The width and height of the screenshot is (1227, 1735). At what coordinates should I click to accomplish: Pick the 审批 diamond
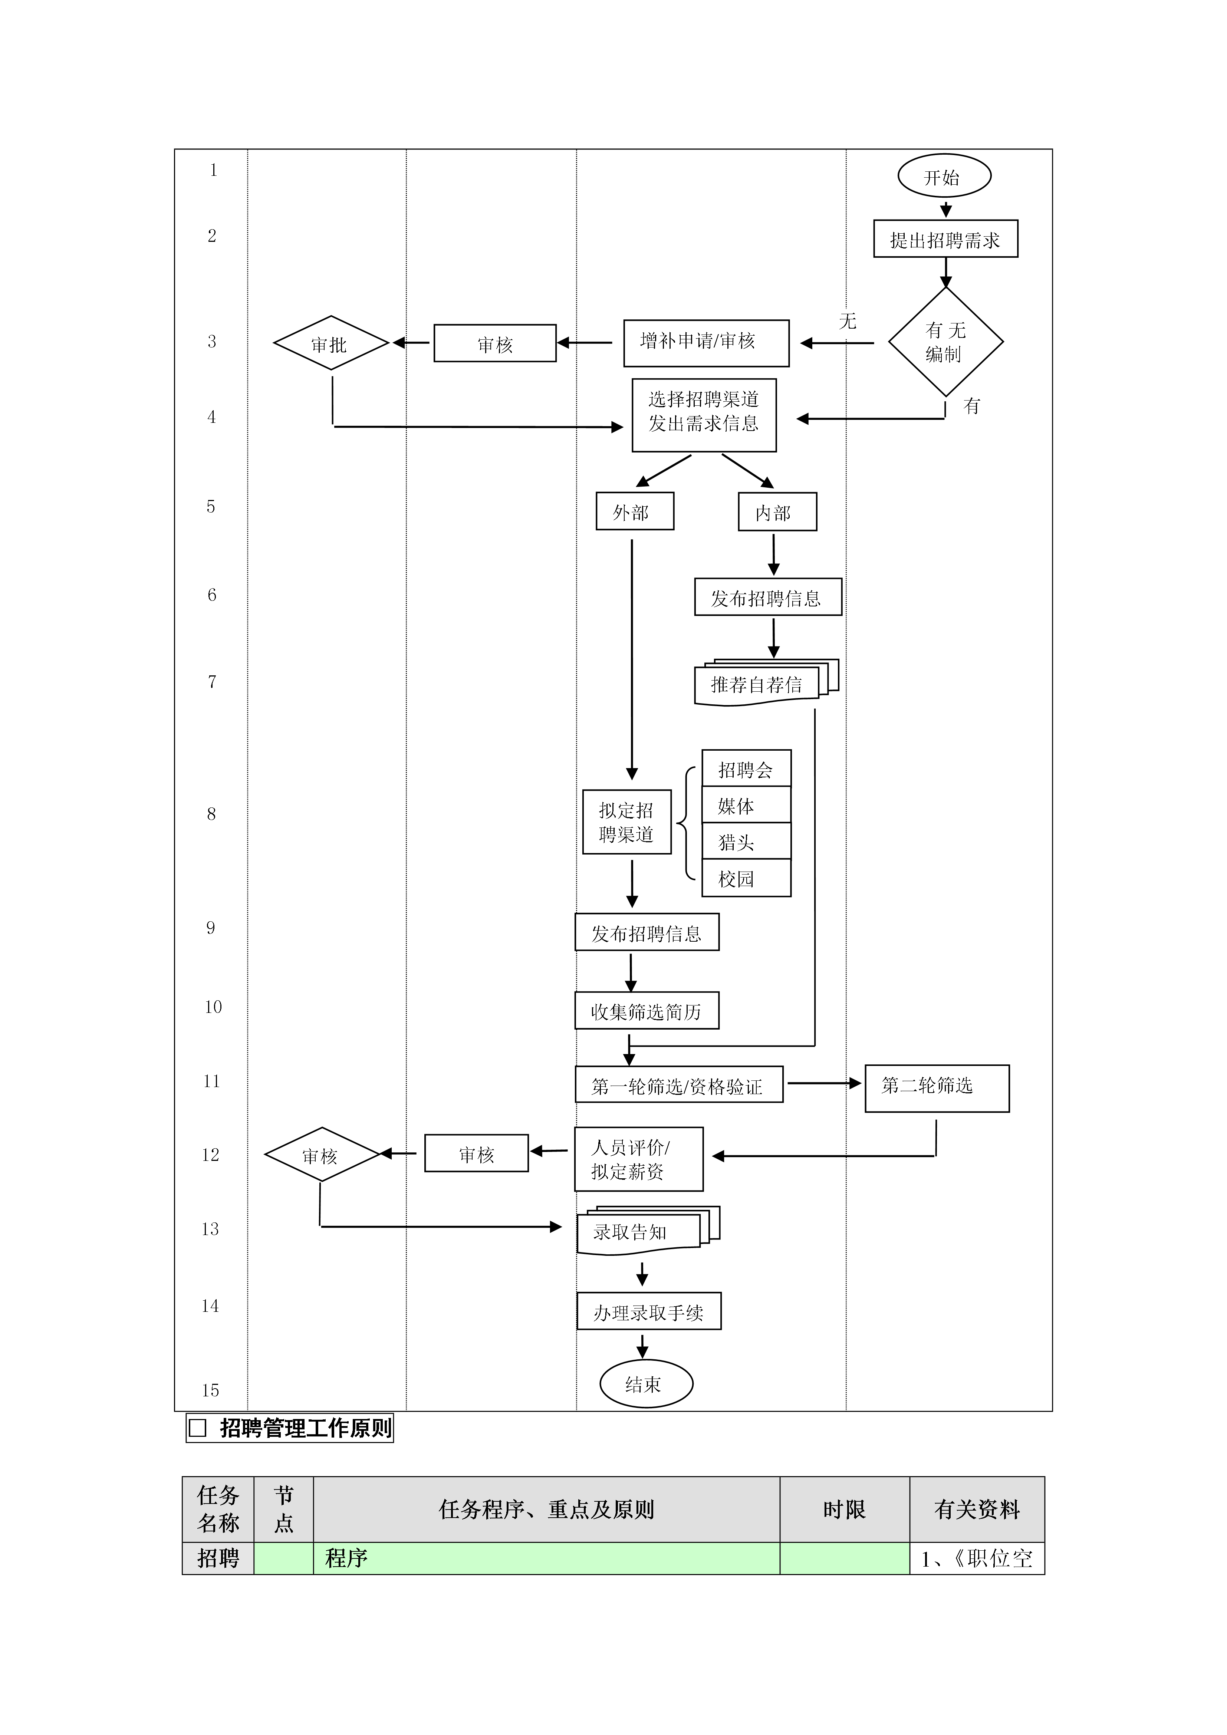[x=331, y=343]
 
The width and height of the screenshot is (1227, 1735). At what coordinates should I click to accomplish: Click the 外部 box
[x=635, y=511]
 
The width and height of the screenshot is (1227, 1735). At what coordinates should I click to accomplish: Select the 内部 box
[x=777, y=511]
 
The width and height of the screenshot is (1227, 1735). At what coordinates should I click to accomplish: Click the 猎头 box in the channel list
[x=747, y=841]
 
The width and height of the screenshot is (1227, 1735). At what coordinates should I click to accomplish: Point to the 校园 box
[x=747, y=878]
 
